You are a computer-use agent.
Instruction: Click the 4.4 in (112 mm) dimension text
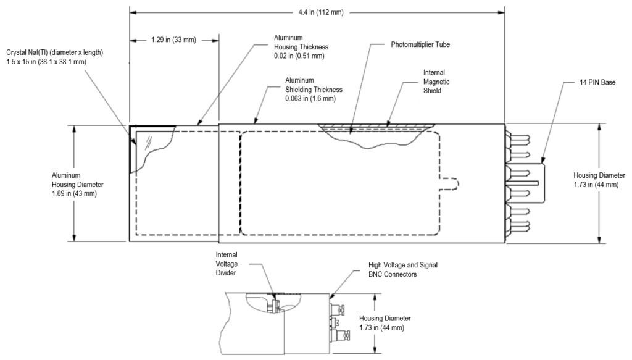(x=321, y=12)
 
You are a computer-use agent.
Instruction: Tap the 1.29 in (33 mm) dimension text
(x=173, y=40)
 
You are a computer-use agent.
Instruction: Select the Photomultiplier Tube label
(x=420, y=44)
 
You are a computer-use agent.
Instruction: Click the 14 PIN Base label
(x=597, y=82)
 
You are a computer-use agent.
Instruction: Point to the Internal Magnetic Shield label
(x=436, y=82)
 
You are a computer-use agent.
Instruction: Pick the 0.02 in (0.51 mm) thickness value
(x=299, y=56)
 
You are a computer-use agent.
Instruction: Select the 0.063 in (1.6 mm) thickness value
(x=310, y=99)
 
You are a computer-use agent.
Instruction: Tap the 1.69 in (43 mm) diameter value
(x=74, y=194)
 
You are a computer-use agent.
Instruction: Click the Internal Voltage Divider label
(x=227, y=264)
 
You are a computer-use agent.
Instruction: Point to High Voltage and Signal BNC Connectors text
(x=402, y=270)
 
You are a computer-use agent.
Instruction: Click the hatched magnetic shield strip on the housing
(x=376, y=127)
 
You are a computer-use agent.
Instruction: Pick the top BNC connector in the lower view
(x=338, y=310)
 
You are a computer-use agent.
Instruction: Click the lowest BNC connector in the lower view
(x=338, y=335)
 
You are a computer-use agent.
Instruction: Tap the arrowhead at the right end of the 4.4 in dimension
(x=501, y=12)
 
